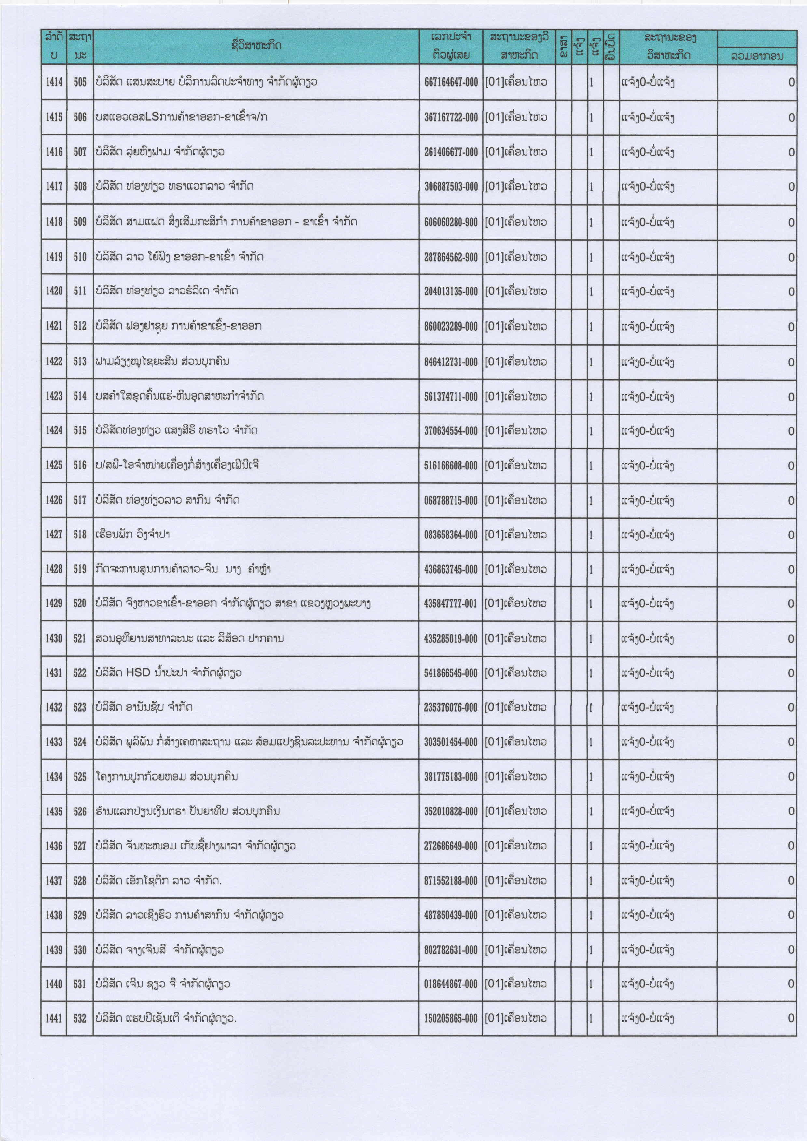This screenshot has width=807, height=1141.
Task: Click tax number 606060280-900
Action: click(451, 222)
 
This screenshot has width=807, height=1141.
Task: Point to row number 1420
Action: click(54, 291)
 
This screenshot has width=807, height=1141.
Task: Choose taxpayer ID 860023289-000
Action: click(451, 327)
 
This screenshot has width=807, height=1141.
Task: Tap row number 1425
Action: click(54, 466)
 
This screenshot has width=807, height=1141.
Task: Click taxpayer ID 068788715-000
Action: click(451, 500)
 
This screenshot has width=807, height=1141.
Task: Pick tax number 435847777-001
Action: click(451, 604)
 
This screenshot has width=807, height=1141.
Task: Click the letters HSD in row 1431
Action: click(138, 673)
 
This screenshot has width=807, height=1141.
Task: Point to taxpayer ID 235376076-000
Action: click(451, 708)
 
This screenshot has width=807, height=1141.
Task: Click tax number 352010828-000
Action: click(451, 811)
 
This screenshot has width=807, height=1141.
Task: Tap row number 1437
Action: click(54, 881)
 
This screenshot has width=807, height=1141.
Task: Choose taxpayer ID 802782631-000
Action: click(451, 950)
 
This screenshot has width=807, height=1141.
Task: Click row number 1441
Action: click(54, 1019)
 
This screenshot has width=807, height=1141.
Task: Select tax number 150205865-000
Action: click(451, 1019)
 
